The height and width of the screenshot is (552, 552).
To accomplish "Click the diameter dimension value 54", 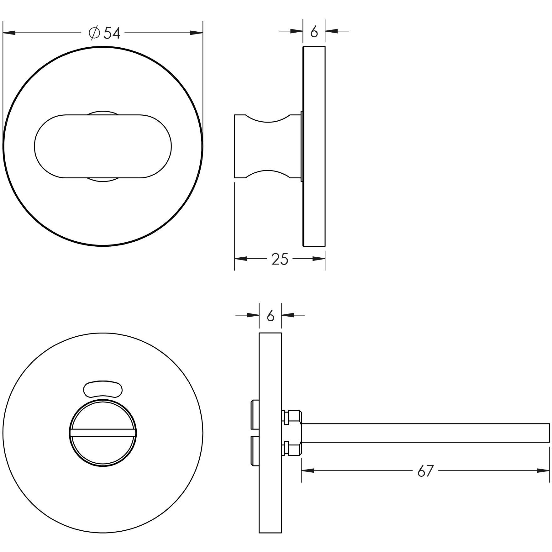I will tap(112, 33).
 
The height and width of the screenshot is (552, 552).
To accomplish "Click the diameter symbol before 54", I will tap(94, 33).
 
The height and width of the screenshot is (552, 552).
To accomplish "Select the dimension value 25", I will tap(280, 259).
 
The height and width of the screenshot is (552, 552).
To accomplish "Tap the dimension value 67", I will tap(425, 471).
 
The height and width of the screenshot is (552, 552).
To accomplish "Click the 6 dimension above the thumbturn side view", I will tap(314, 32).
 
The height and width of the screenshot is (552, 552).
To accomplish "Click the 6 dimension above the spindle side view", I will tap(270, 316).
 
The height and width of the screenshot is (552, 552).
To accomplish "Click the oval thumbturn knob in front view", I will tap(103, 146).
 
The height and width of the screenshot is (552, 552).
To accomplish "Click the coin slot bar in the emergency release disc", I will tap(103, 433).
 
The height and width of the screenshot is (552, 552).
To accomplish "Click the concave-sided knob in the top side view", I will tap(266, 146).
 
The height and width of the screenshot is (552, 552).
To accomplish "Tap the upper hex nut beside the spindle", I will tap(293, 417).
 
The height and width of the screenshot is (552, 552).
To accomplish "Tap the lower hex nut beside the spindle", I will tap(293, 448).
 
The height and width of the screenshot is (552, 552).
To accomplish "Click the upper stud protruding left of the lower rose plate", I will tap(255, 415).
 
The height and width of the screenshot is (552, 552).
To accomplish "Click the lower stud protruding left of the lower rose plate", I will tap(255, 452).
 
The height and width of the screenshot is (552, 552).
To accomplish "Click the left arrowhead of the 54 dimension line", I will tap(9, 33).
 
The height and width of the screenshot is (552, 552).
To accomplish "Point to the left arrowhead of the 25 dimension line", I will tap(241, 259).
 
